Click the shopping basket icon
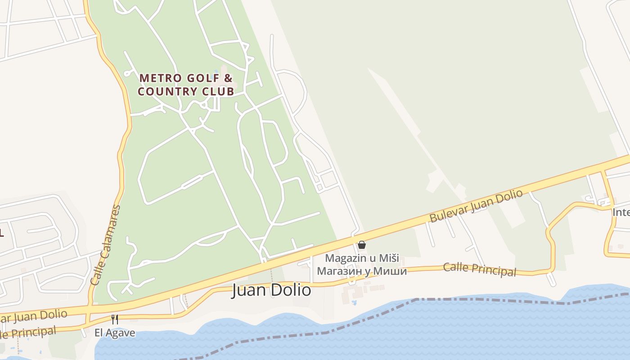click(361, 245)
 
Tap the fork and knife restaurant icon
click(115, 319)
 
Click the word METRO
click(161, 78)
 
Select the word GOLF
click(202, 78)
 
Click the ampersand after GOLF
click(228, 78)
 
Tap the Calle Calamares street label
click(105, 245)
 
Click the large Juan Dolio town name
click(271, 290)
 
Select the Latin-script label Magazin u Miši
click(362, 258)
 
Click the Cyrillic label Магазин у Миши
click(362, 271)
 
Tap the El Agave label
click(115, 333)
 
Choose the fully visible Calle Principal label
click(479, 269)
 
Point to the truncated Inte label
click(621, 211)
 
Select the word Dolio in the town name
click(291, 290)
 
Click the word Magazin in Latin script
click(342, 258)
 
